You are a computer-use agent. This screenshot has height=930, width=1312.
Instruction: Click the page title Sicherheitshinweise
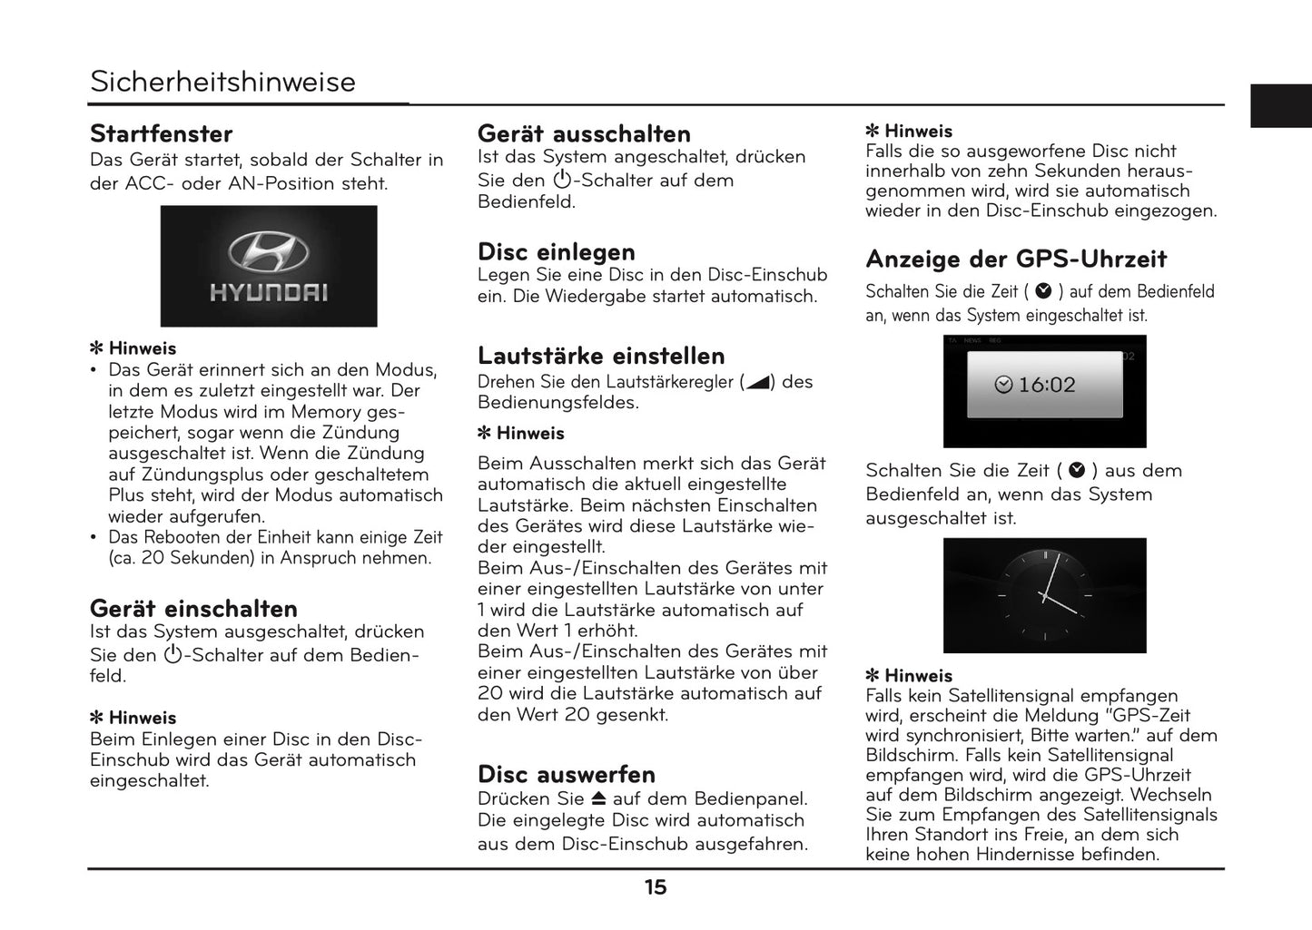point(222,82)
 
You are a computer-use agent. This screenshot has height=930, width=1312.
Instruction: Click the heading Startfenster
point(161,134)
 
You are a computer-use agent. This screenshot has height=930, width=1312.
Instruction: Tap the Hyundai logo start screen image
point(269,266)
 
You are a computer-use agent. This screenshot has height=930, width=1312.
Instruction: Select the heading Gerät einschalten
point(193,609)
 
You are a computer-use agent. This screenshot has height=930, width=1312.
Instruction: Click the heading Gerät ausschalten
point(584,134)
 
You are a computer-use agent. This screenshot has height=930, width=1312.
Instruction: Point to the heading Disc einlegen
point(556,252)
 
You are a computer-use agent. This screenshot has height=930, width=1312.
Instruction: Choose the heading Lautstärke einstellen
point(601,356)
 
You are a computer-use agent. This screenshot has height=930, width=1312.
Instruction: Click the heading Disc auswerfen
point(566,775)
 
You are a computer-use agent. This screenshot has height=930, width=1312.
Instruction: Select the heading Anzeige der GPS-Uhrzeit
point(1016,259)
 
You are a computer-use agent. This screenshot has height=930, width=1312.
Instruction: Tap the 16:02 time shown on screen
point(1046,385)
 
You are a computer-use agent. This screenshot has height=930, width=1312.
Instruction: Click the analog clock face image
point(1044,595)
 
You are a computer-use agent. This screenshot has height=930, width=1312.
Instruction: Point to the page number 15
point(656,888)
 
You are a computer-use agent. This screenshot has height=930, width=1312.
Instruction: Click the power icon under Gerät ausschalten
point(562,180)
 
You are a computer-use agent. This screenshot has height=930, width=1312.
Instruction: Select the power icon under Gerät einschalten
point(173,655)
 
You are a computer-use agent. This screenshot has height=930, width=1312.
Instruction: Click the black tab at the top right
point(1280,105)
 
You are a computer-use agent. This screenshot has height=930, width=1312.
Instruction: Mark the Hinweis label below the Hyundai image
point(142,348)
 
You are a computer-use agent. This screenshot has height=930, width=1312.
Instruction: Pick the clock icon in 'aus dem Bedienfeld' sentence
point(1077,471)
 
